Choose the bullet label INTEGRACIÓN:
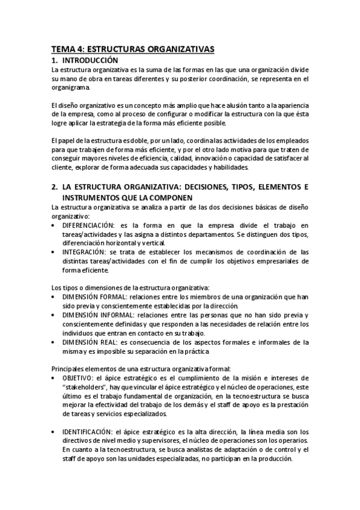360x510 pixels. click(x=85, y=252)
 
